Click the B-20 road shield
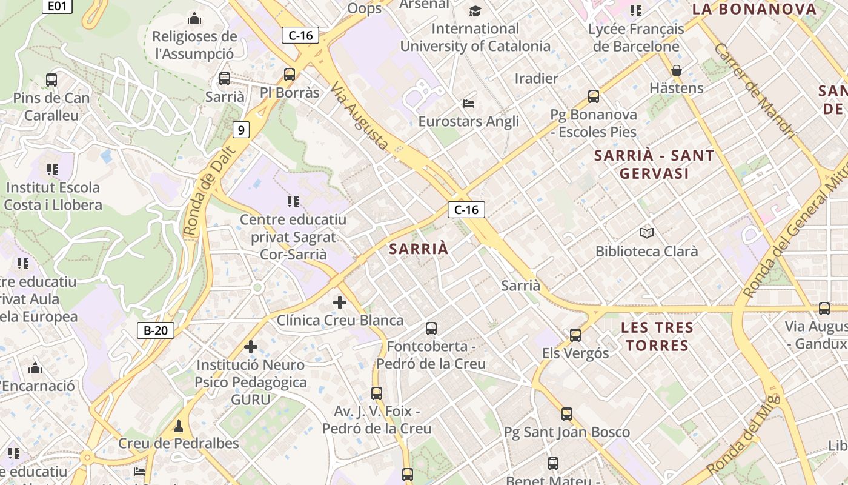[x=156, y=330]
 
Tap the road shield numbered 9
[x=241, y=129]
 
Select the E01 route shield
[x=57, y=6]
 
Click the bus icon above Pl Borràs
[x=290, y=75]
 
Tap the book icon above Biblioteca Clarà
[x=646, y=233]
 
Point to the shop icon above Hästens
[x=677, y=70]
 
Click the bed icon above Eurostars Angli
[x=468, y=104]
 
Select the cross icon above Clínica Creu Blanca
[x=340, y=302]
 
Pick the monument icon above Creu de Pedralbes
[x=178, y=426]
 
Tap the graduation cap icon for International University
[x=475, y=11]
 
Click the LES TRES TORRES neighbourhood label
[x=657, y=336]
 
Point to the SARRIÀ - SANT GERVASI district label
[x=654, y=164]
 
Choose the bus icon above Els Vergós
[x=575, y=335]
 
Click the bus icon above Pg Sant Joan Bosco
[x=566, y=414]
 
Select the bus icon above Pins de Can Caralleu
[x=51, y=80]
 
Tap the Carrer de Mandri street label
[x=754, y=91]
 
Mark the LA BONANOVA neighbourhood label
[x=754, y=9]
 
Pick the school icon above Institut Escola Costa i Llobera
[x=53, y=170]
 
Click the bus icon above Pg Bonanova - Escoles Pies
[x=594, y=96]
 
